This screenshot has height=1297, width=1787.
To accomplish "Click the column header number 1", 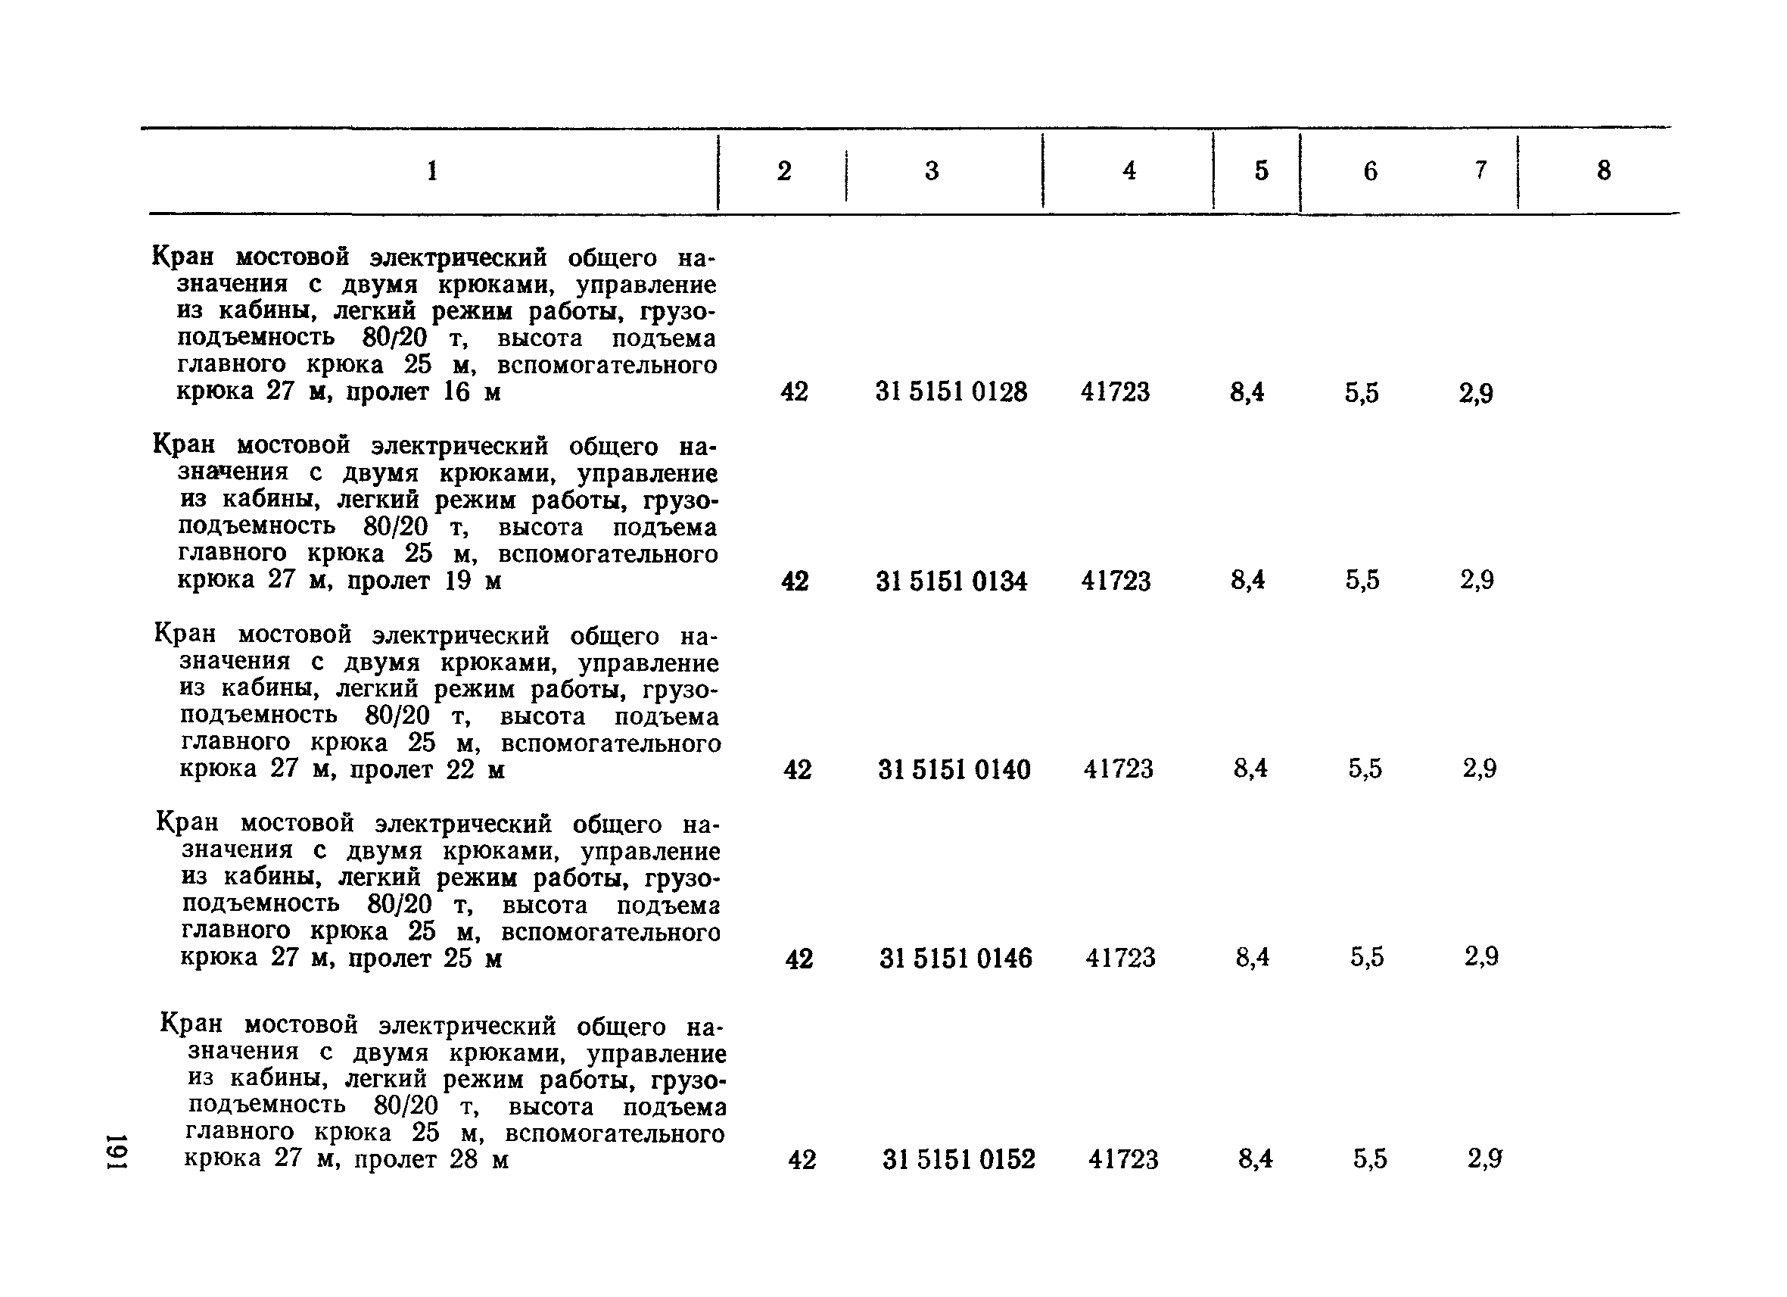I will pyautogui.click(x=431, y=171).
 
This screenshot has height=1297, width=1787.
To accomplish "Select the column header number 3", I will pyautogui.click(x=932, y=171).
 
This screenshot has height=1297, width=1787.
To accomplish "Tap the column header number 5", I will pyautogui.click(x=1262, y=171).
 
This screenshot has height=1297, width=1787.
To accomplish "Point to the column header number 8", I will pyautogui.click(x=1603, y=171).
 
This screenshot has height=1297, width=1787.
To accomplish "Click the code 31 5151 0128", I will pyautogui.click(x=951, y=391).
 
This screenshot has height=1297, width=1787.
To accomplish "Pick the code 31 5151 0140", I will pyautogui.click(x=954, y=769).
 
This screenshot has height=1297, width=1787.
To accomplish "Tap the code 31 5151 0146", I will pyautogui.click(x=956, y=958).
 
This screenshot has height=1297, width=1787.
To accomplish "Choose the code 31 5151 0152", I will pyautogui.click(x=959, y=1159).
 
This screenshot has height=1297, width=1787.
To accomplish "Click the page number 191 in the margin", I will pyautogui.click(x=118, y=1153).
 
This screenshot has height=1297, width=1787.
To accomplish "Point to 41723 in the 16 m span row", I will pyautogui.click(x=1115, y=391).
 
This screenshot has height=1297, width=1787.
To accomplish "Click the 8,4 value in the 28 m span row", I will pyautogui.click(x=1255, y=1158).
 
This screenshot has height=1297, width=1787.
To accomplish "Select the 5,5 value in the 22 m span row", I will pyautogui.click(x=1365, y=769).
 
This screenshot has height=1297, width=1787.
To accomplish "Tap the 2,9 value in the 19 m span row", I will pyautogui.click(x=1477, y=581).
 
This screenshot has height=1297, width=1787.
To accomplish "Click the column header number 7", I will pyautogui.click(x=1480, y=170).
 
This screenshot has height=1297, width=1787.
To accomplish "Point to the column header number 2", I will pyautogui.click(x=784, y=171).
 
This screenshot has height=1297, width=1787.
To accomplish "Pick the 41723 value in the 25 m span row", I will pyautogui.click(x=1120, y=958).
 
